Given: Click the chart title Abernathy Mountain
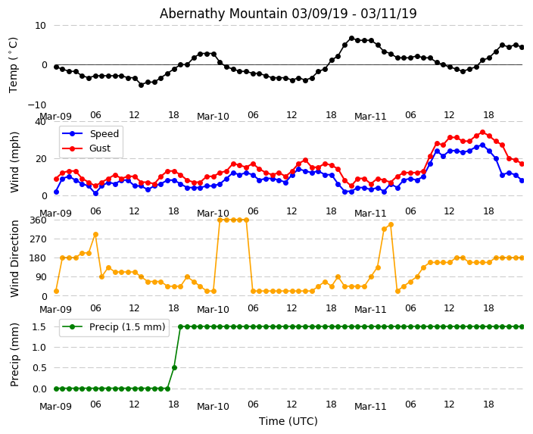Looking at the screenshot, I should click(x=288, y=14).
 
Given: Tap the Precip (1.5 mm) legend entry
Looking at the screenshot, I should click(x=125, y=328).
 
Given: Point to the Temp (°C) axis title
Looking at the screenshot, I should click(x=14, y=64).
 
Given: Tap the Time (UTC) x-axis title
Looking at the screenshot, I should click(x=288, y=421).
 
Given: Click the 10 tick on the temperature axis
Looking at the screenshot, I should click(x=40, y=26).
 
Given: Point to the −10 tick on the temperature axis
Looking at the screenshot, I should click(x=37, y=105).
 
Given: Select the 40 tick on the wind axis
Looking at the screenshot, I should click(x=40, y=122).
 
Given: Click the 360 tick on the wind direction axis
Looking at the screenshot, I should click(x=37, y=220).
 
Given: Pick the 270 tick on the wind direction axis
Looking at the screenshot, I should click(x=37, y=239).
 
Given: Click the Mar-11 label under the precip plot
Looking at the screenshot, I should click(x=370, y=407).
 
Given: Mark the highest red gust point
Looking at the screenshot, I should click(x=482, y=133).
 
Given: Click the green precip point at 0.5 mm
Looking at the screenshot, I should click(x=174, y=367).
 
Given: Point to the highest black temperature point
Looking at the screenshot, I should click(x=351, y=38).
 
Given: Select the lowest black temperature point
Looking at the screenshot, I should click(x=141, y=85).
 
